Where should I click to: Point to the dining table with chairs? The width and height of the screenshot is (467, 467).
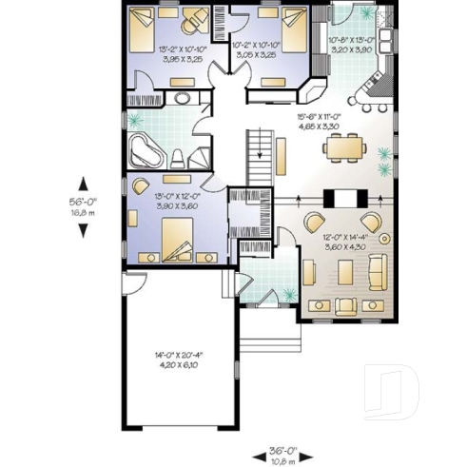[x=343, y=147]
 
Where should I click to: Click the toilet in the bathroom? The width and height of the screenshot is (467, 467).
[x=178, y=158]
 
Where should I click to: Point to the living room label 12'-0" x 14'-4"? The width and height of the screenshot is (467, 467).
[x=345, y=241]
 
